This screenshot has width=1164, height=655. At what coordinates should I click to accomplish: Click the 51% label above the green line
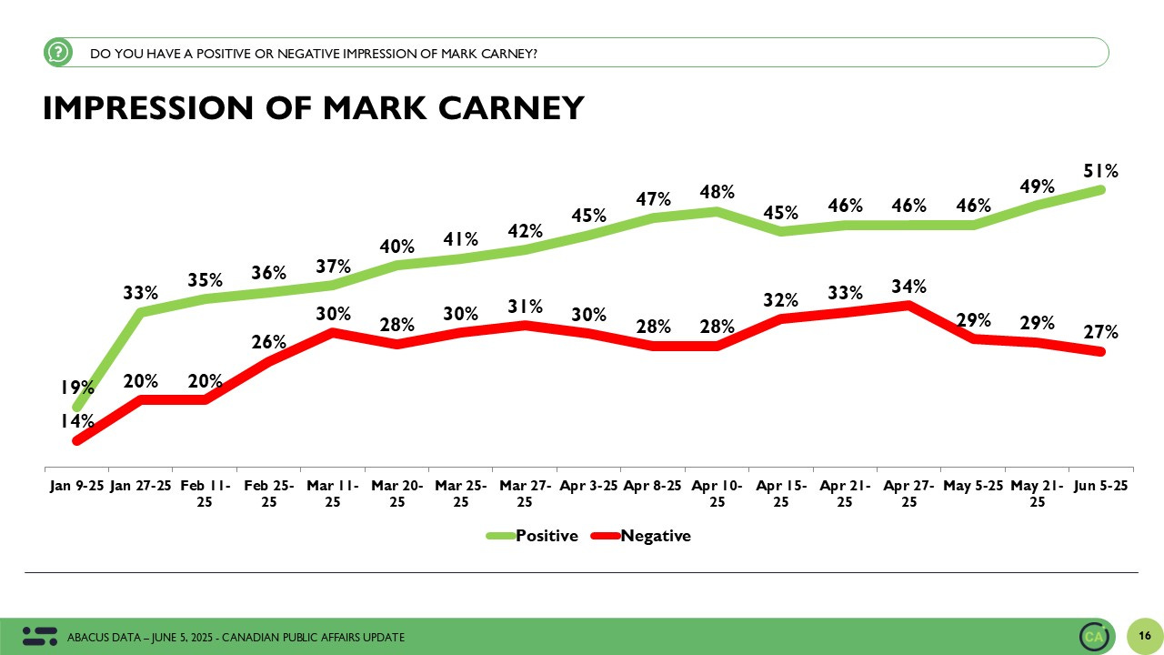1100,171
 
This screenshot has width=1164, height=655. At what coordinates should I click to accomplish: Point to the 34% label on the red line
908,287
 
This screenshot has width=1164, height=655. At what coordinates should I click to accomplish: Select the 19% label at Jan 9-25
77,388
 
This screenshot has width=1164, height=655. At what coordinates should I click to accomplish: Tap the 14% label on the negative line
77,421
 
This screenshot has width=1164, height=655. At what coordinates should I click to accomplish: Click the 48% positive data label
717,193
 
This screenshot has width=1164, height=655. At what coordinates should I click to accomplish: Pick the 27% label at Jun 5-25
1100,333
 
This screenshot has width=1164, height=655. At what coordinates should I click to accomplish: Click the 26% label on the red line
269,343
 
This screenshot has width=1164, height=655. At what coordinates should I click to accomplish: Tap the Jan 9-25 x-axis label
75,486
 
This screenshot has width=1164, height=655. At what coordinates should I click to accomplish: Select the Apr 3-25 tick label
588,486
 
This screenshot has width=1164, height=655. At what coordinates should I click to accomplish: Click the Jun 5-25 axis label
1101,486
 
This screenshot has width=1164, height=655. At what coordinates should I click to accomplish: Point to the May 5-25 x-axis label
973,486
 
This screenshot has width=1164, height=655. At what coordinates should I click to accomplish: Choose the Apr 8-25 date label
653,486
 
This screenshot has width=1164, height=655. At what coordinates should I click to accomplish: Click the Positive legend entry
546,536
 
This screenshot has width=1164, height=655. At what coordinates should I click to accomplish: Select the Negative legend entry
655,536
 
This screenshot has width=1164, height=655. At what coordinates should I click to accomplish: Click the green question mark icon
57,53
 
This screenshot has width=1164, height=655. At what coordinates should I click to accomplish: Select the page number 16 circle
1144,635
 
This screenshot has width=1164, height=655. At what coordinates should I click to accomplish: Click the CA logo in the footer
1094,637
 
